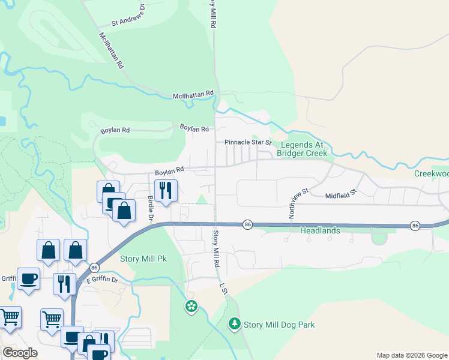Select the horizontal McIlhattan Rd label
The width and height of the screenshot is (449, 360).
point(193,94)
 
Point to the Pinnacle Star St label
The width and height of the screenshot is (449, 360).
point(248,143)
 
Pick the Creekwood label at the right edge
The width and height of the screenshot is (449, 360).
point(432,173)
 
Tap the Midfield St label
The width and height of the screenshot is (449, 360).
point(341,194)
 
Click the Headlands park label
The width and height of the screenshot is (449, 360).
point(320,230)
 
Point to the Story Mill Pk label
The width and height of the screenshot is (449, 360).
point(143,259)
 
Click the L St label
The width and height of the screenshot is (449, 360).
point(223,289)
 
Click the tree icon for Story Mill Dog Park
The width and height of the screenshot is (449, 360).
point(235,324)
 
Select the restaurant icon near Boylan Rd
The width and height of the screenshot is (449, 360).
point(164,191)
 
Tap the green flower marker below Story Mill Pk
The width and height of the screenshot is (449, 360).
point(191,307)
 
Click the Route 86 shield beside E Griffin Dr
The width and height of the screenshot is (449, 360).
point(94,268)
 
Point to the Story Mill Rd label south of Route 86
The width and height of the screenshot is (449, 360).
point(214,249)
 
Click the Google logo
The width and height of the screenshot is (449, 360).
point(20,353)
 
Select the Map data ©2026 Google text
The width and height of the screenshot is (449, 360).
point(412,355)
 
